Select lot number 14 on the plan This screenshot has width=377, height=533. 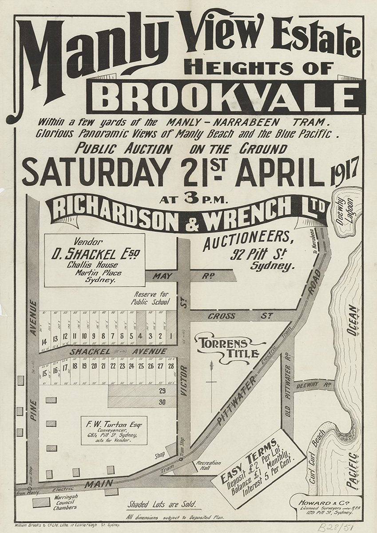44,342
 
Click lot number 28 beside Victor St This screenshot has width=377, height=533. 171,366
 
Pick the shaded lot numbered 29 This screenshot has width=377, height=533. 162,391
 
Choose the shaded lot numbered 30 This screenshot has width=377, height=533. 162,402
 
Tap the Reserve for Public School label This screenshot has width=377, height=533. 150,298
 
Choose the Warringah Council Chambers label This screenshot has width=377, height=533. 65,501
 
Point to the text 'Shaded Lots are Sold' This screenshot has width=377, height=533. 162,504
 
